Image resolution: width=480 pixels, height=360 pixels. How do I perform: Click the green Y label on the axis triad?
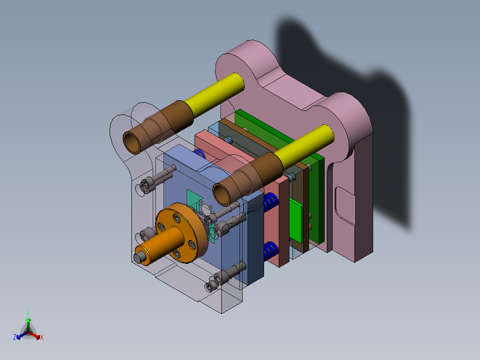pyautogui.click(x=28, y=313)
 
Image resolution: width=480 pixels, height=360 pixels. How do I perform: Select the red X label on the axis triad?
pyautogui.click(x=42, y=338)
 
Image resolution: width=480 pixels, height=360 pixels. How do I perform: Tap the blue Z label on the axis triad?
pyautogui.click(x=15, y=338)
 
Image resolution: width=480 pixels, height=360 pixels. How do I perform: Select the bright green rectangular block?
pyautogui.click(x=296, y=221)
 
